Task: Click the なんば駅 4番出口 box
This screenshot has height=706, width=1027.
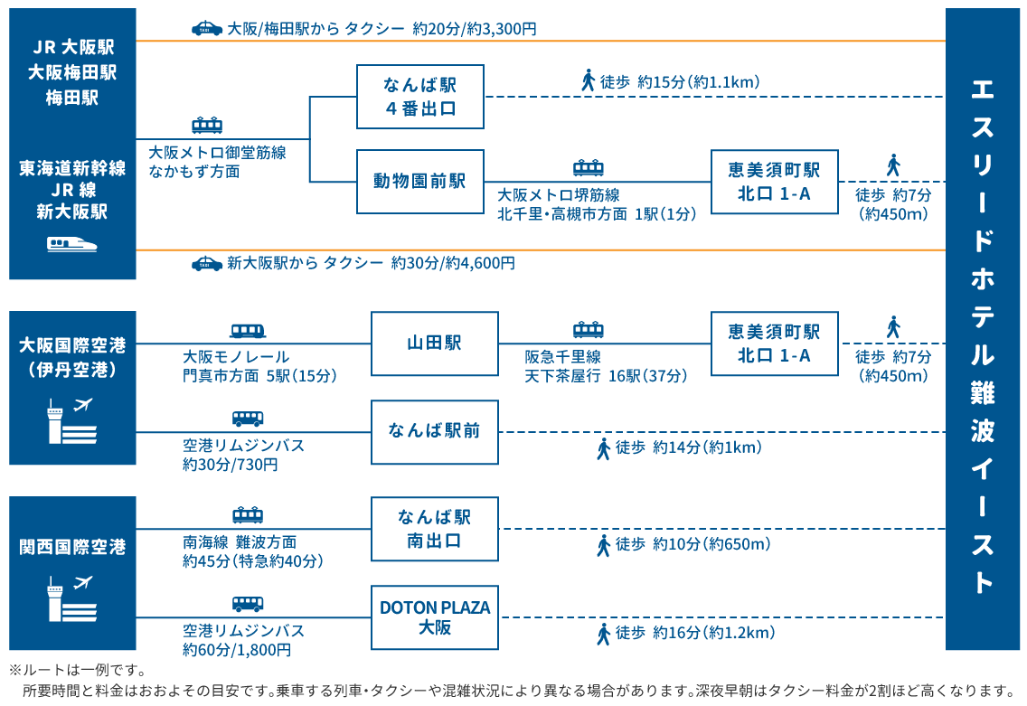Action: tap(419, 97)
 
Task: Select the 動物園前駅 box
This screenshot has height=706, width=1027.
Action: tap(419, 181)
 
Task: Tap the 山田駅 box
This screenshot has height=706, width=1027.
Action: tap(434, 344)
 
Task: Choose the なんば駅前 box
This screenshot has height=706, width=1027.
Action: tap(434, 431)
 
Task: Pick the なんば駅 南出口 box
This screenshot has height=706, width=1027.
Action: tap(434, 529)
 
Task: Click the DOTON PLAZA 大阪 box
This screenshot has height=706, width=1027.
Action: tap(434, 617)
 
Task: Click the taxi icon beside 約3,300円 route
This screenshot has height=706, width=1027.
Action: tap(207, 28)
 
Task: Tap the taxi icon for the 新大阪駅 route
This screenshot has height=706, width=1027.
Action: tap(207, 263)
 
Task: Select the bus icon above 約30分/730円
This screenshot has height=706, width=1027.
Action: tap(248, 419)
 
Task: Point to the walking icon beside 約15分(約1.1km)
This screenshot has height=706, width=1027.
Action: tap(589, 80)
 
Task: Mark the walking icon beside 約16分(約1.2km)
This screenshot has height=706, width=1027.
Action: tap(603, 634)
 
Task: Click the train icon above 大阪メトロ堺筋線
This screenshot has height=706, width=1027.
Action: tap(589, 168)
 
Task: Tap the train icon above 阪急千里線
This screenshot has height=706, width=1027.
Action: tap(589, 330)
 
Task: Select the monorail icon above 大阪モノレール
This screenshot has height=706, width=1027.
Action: tap(248, 331)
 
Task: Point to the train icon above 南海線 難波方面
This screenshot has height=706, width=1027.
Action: tap(248, 515)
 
